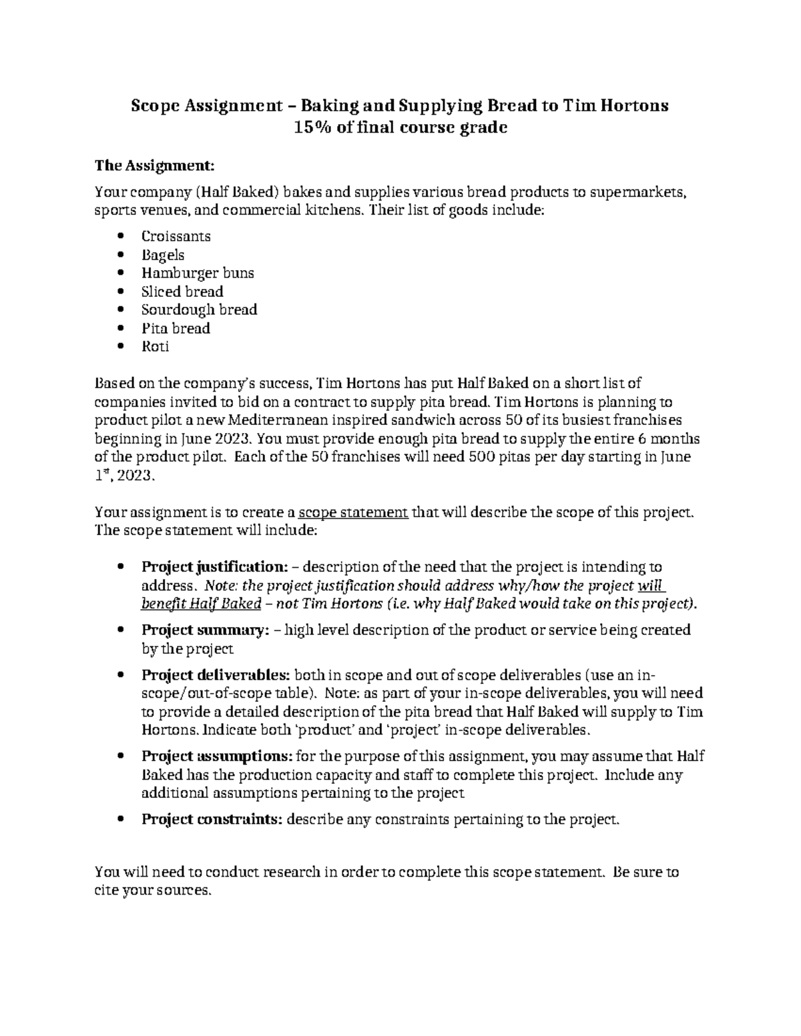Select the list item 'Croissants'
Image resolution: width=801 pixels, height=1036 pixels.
tap(176, 236)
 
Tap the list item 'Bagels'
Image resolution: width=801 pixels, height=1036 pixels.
tap(163, 255)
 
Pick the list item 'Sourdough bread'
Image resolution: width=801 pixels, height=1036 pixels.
tap(199, 310)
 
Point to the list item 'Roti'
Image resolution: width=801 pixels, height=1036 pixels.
tap(155, 346)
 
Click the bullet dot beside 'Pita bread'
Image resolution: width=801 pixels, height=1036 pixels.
tap(120, 328)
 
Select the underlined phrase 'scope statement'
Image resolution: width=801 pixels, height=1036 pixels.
tap(353, 512)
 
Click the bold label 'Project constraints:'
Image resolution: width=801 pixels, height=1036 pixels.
tap(212, 819)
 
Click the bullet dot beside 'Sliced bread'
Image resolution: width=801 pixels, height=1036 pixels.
tap(120, 292)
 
